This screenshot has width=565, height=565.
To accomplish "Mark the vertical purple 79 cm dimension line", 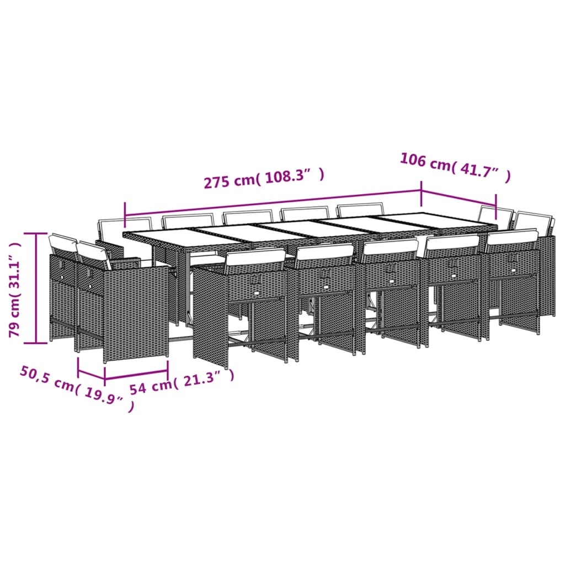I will [x=37, y=287].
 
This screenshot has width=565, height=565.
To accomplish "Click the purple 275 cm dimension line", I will [x=273, y=204].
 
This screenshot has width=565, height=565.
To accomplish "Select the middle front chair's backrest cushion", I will [x=391, y=246].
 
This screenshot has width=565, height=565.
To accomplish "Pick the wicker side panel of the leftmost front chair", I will [x=210, y=315].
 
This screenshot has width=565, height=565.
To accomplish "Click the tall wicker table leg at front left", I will [x=210, y=315].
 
